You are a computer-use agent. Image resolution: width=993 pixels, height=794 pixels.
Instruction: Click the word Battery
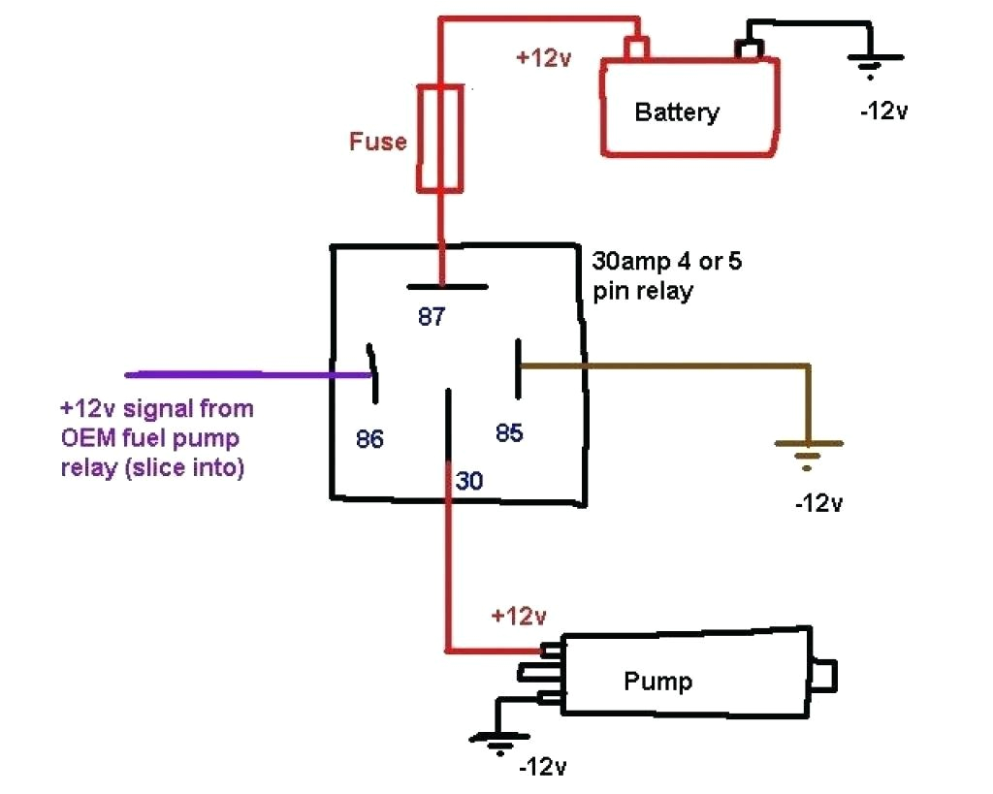tap(677, 111)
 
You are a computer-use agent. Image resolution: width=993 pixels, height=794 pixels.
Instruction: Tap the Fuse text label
tap(377, 142)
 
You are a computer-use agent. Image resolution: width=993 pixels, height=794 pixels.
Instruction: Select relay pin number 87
tap(432, 316)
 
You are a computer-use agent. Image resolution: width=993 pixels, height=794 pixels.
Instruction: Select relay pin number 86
tap(368, 440)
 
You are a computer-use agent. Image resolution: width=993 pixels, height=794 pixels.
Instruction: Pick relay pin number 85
tap(509, 433)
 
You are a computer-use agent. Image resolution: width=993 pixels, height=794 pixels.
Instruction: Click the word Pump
tap(657, 681)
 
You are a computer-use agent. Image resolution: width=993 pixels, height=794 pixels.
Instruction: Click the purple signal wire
tap(242, 373)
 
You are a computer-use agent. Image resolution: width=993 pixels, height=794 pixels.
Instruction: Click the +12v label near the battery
tap(543, 58)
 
